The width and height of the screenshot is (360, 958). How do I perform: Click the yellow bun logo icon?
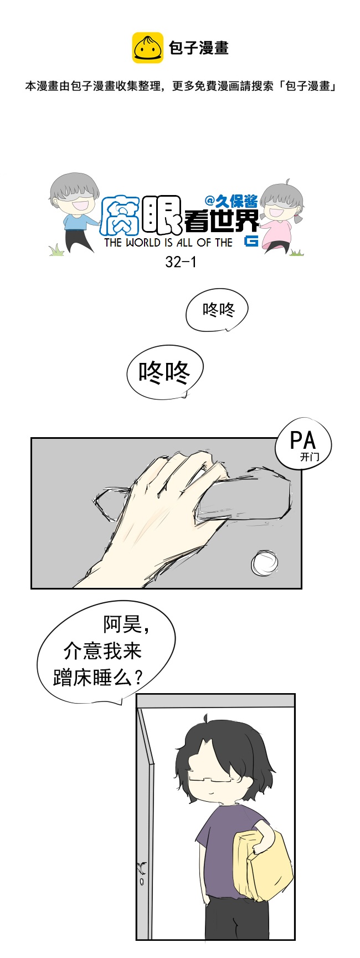147,48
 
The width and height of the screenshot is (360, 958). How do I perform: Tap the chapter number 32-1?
181,262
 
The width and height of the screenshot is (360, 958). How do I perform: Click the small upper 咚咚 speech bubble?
217,310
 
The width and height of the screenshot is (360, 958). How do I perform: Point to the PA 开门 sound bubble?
303,444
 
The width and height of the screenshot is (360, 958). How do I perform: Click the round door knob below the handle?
264,563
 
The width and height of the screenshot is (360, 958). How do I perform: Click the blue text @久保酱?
231,202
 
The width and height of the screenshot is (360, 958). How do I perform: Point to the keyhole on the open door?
142,882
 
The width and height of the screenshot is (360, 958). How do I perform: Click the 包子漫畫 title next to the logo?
199,48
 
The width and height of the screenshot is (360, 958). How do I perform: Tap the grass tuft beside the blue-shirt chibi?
57,250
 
